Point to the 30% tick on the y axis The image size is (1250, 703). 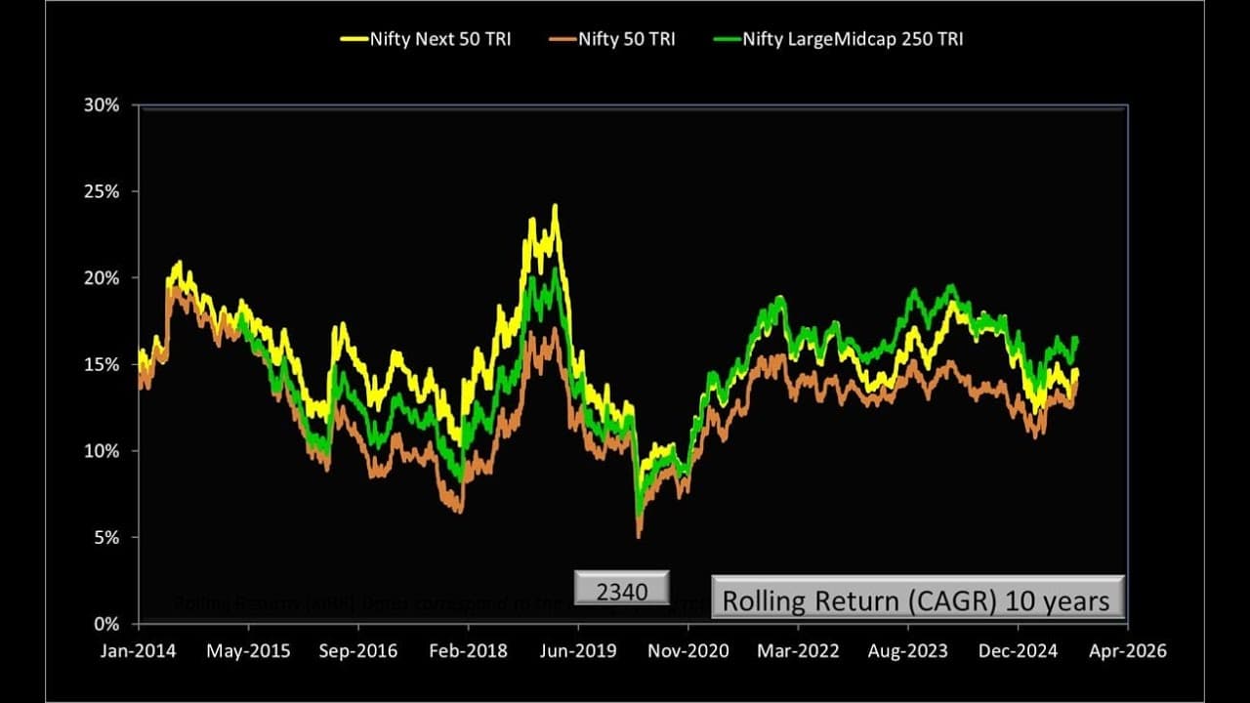click(102, 104)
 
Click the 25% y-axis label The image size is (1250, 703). click(102, 191)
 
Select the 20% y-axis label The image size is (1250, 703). click(102, 278)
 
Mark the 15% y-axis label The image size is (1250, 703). click(102, 364)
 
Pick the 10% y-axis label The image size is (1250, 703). click(102, 451)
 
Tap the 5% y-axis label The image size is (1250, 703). click(105, 537)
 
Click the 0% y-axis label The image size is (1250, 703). click(105, 624)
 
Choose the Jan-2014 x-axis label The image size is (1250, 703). click(138, 650)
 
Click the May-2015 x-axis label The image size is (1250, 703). click(249, 650)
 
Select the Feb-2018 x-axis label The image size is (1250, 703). click(469, 650)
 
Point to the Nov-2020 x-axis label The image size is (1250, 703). click(688, 650)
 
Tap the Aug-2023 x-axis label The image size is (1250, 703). click(908, 650)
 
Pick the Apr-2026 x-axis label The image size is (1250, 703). click(1128, 650)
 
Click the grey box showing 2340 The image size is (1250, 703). click(621, 589)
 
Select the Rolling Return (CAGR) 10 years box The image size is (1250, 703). click(918, 598)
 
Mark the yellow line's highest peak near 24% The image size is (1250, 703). click(555, 206)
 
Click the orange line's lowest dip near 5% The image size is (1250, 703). click(639, 535)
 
